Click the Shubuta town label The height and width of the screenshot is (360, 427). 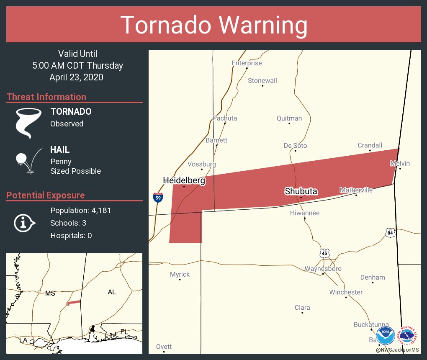[x=301, y=191]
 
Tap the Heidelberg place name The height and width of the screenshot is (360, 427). [x=184, y=180]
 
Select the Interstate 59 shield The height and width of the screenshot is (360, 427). [x=158, y=198]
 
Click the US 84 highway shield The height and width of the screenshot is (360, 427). [x=390, y=232]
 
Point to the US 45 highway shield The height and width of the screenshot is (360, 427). [x=324, y=253]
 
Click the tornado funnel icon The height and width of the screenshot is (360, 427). [x=28, y=123]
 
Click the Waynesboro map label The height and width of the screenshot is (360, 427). [x=323, y=269]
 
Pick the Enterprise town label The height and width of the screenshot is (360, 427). [x=247, y=63]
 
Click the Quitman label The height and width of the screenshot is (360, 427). [x=289, y=118]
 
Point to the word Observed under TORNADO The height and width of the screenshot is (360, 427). [x=67, y=124]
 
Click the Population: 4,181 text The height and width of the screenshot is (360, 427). [x=81, y=211]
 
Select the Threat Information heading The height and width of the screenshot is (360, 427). [x=46, y=97]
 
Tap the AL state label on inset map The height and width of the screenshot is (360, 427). [x=111, y=292]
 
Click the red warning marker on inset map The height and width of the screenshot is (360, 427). [x=74, y=302]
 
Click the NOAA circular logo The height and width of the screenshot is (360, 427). [x=385, y=336]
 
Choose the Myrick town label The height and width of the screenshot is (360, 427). [x=180, y=275]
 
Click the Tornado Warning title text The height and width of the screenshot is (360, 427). [x=213, y=25]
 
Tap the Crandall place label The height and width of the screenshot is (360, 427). [x=370, y=145]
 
